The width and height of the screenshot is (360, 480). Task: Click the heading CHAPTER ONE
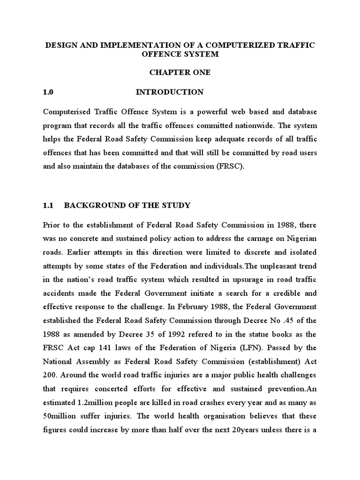coord(180,73)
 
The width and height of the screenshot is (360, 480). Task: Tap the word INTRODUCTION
coord(170,92)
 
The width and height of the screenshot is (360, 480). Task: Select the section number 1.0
coord(49,92)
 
